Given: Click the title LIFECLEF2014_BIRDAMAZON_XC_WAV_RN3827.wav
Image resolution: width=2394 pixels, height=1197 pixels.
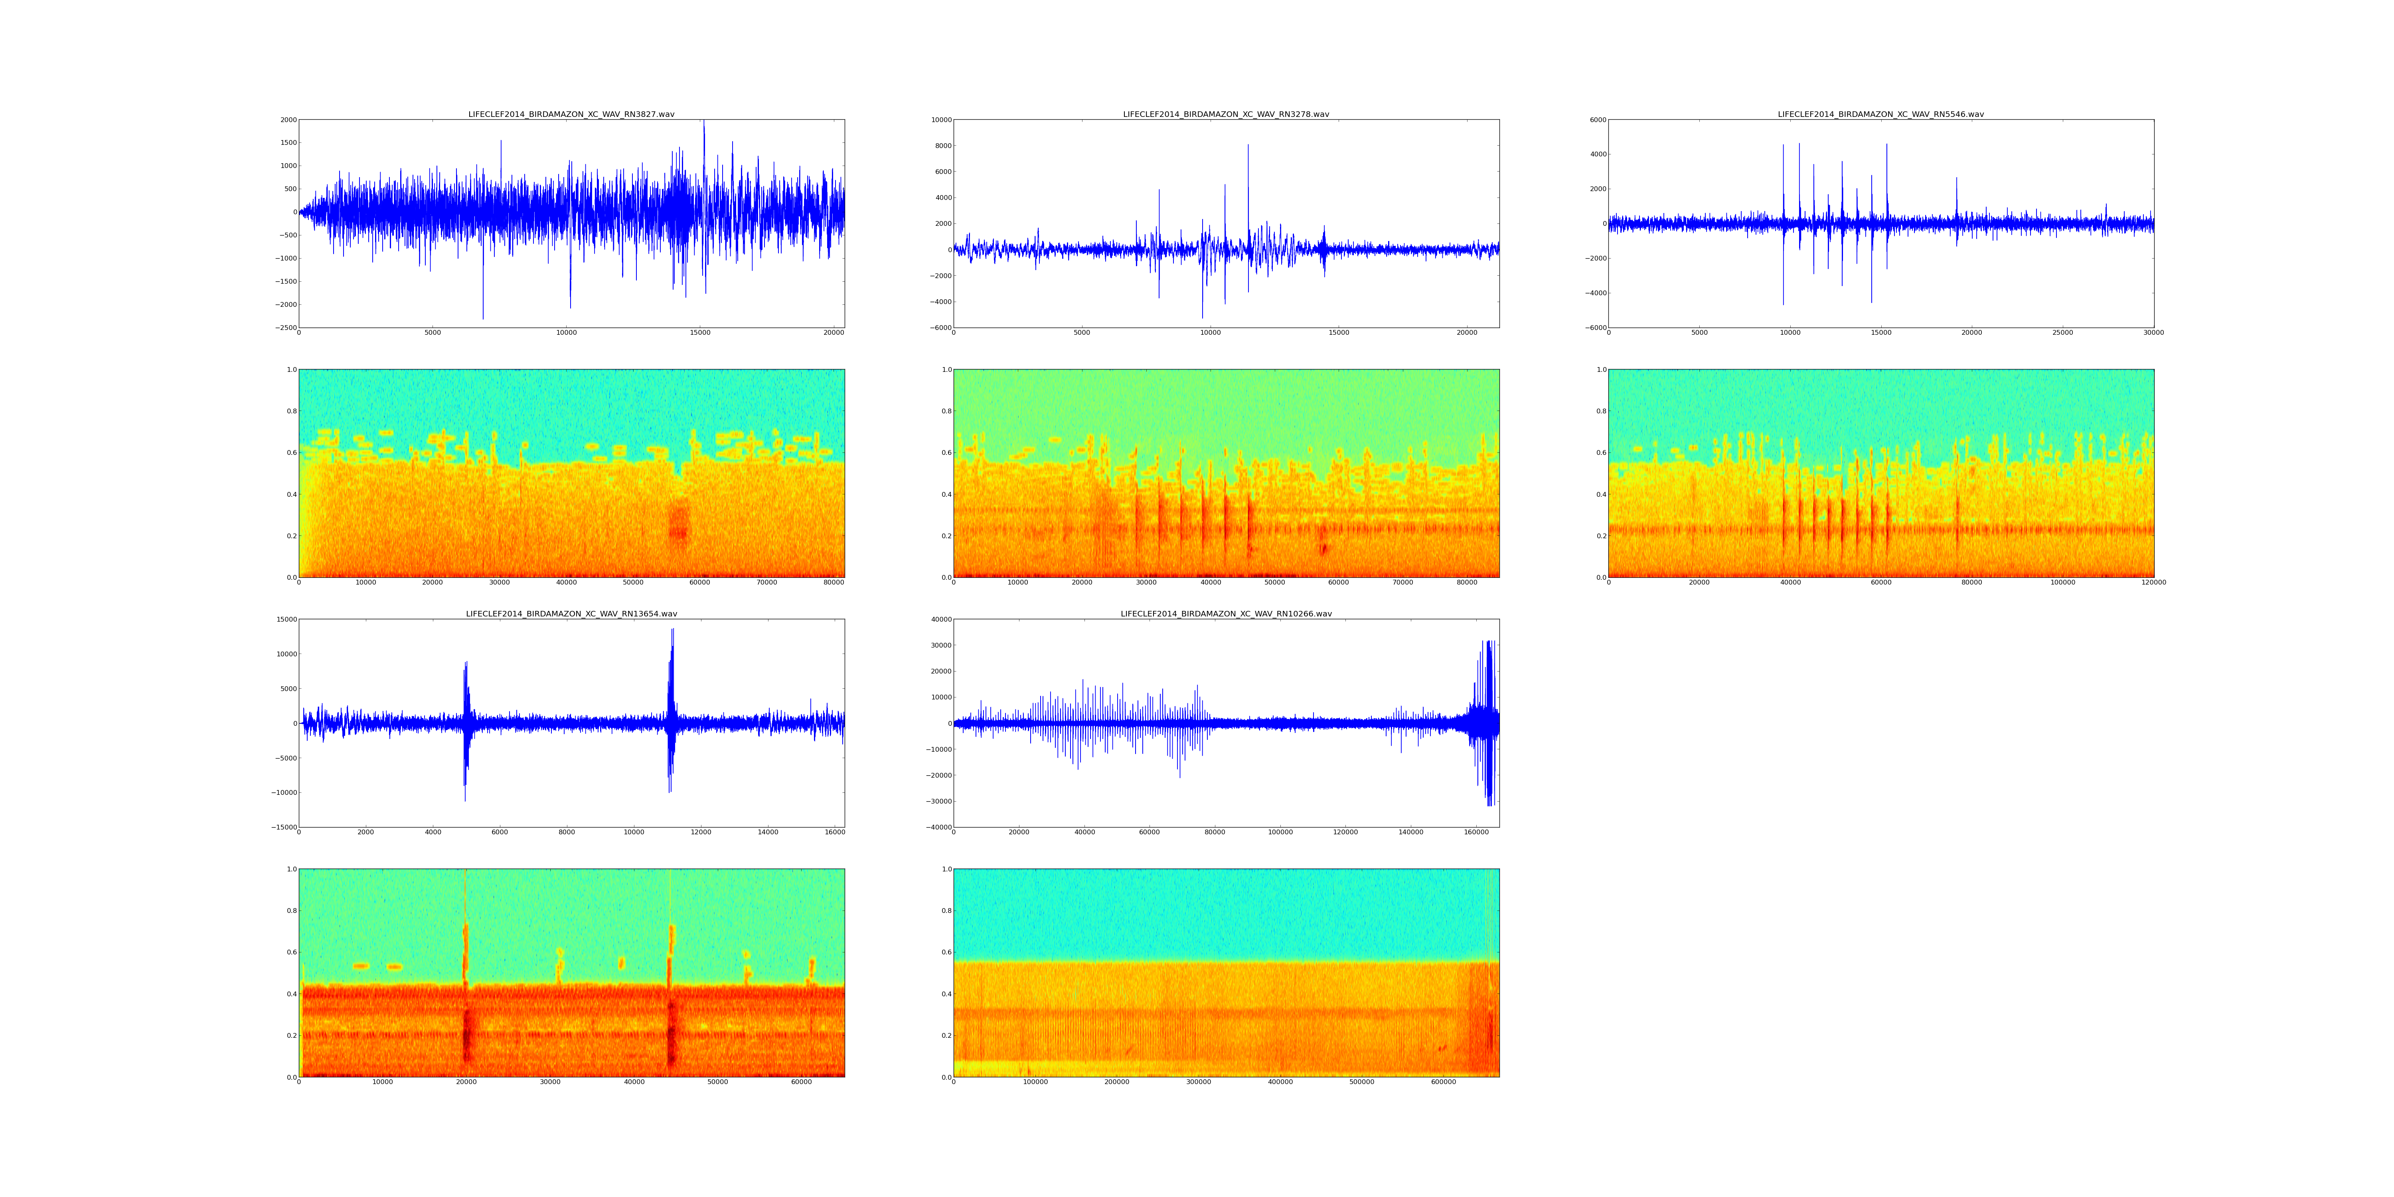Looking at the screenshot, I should [x=571, y=114].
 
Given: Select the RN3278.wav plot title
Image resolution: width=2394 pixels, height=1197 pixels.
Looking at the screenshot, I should [x=1226, y=114].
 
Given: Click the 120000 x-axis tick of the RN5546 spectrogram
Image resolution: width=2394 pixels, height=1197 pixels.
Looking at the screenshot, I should [x=2153, y=583].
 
